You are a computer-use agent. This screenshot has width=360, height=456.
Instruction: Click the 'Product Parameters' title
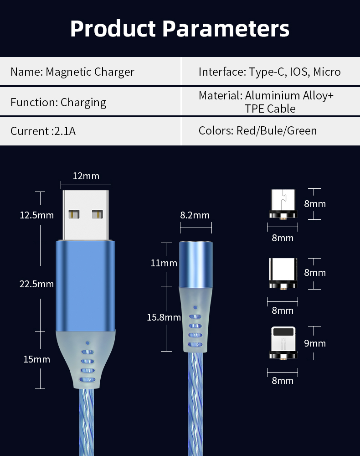coord(180,28)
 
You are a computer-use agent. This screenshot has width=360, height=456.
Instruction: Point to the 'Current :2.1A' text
coord(43,131)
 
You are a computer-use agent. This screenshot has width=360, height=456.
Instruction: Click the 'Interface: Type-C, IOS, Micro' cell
coord(270,72)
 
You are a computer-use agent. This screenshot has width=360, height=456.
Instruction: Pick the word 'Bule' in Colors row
coord(272,130)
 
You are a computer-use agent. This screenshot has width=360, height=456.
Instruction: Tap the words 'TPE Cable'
coord(270,109)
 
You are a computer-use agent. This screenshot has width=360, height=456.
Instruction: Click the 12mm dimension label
coord(86,176)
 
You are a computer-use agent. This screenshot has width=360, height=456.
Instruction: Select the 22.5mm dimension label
coord(36,284)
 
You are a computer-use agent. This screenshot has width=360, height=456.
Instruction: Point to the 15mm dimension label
coord(37,359)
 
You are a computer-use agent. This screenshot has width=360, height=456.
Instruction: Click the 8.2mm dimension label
coord(195,215)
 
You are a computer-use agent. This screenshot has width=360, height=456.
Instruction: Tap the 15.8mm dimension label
coord(164,317)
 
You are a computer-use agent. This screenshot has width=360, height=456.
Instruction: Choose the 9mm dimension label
coord(315,343)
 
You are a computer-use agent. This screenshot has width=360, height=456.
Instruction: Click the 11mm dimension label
coord(164,263)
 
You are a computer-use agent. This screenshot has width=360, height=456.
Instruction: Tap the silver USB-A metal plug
coord(85,215)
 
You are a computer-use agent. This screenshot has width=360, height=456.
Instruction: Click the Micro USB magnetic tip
coord(283,204)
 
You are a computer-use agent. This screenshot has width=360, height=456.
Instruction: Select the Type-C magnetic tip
coord(283,274)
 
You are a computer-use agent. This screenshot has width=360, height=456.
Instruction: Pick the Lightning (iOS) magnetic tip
coord(283,343)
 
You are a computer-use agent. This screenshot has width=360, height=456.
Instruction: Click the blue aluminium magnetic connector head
coord(196,264)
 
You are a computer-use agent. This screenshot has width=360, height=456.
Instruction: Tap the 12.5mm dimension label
coord(36,215)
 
